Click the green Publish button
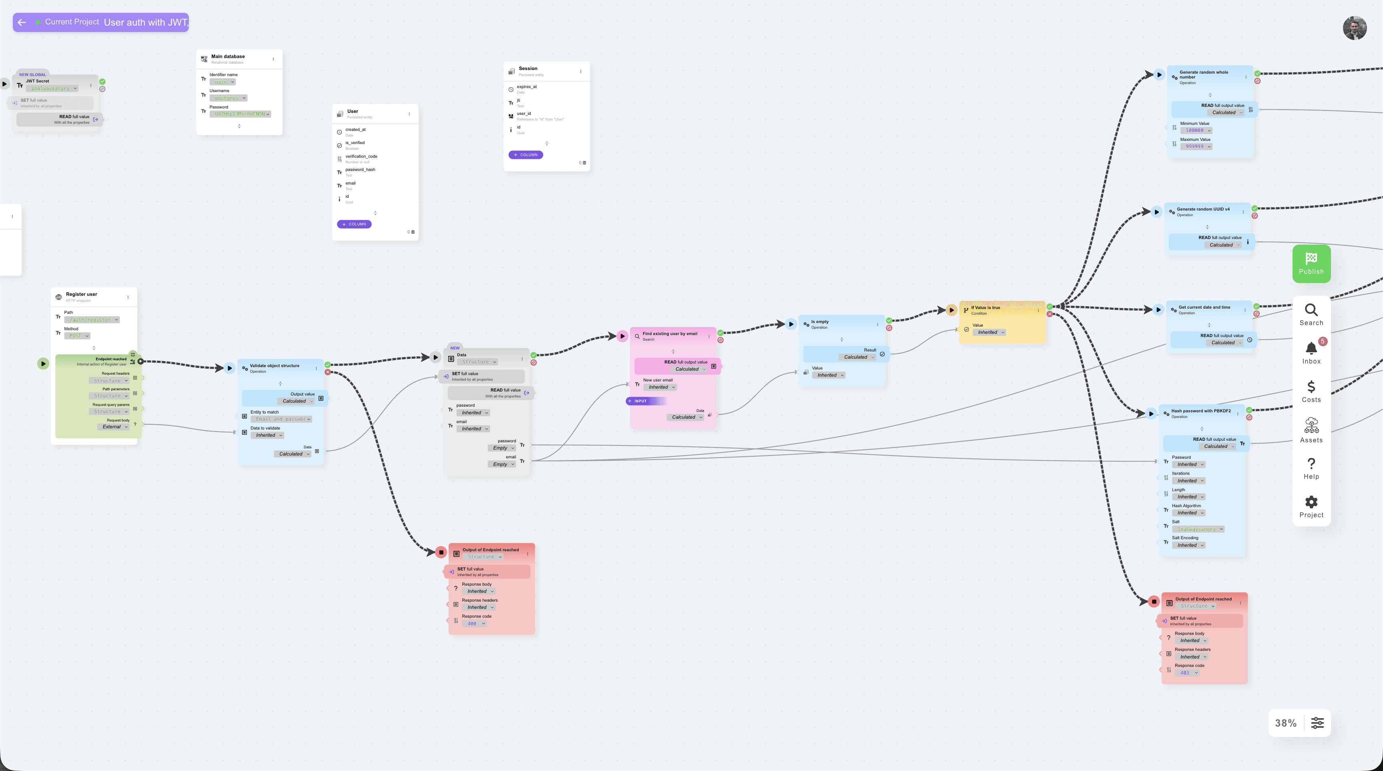pyautogui.click(x=1311, y=263)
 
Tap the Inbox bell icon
pyautogui.click(x=1311, y=349)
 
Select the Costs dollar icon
pyautogui.click(x=1311, y=387)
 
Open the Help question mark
pyautogui.click(x=1311, y=464)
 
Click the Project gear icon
pyautogui.click(x=1311, y=502)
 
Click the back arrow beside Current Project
pyautogui.click(x=22, y=22)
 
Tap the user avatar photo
pyautogui.click(x=1354, y=28)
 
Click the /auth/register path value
pyautogui.click(x=91, y=320)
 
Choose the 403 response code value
pyautogui.click(x=1187, y=673)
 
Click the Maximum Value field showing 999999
pyautogui.click(x=1196, y=147)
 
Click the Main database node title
pyautogui.click(x=228, y=56)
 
